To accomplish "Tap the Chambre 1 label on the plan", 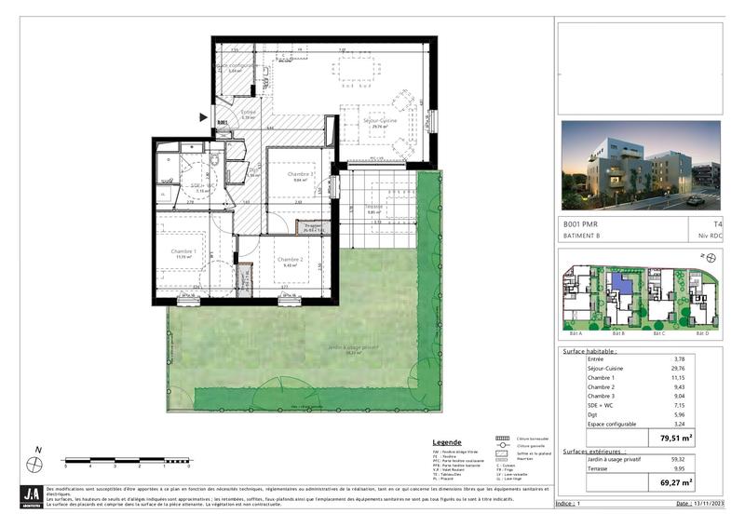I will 183,251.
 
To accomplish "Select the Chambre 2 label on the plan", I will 291,260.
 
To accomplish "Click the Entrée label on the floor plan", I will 249,113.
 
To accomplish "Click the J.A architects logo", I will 32,495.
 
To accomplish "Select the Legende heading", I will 448,442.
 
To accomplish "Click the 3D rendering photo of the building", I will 641,165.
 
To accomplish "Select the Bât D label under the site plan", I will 700,332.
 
